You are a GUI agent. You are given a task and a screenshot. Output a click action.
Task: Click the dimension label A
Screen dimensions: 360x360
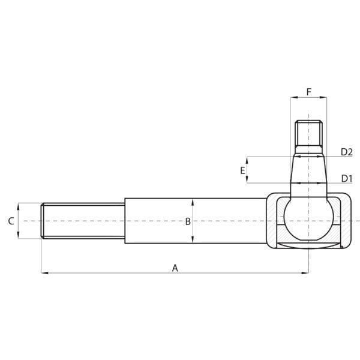(x=175, y=268)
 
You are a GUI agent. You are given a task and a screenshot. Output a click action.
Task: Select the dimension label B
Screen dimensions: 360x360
(x=188, y=221)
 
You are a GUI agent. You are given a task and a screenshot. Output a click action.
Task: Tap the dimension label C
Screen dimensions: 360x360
(x=11, y=221)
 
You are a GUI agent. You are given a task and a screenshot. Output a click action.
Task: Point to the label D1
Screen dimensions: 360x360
(x=347, y=178)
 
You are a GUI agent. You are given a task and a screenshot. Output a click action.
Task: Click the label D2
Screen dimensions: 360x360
(x=347, y=152)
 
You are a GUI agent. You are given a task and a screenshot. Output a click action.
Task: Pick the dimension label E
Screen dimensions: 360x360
(x=242, y=170)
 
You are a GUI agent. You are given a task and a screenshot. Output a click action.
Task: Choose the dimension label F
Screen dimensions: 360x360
(x=309, y=92)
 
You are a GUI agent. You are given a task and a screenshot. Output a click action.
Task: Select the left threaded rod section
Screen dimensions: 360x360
(x=83, y=221)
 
